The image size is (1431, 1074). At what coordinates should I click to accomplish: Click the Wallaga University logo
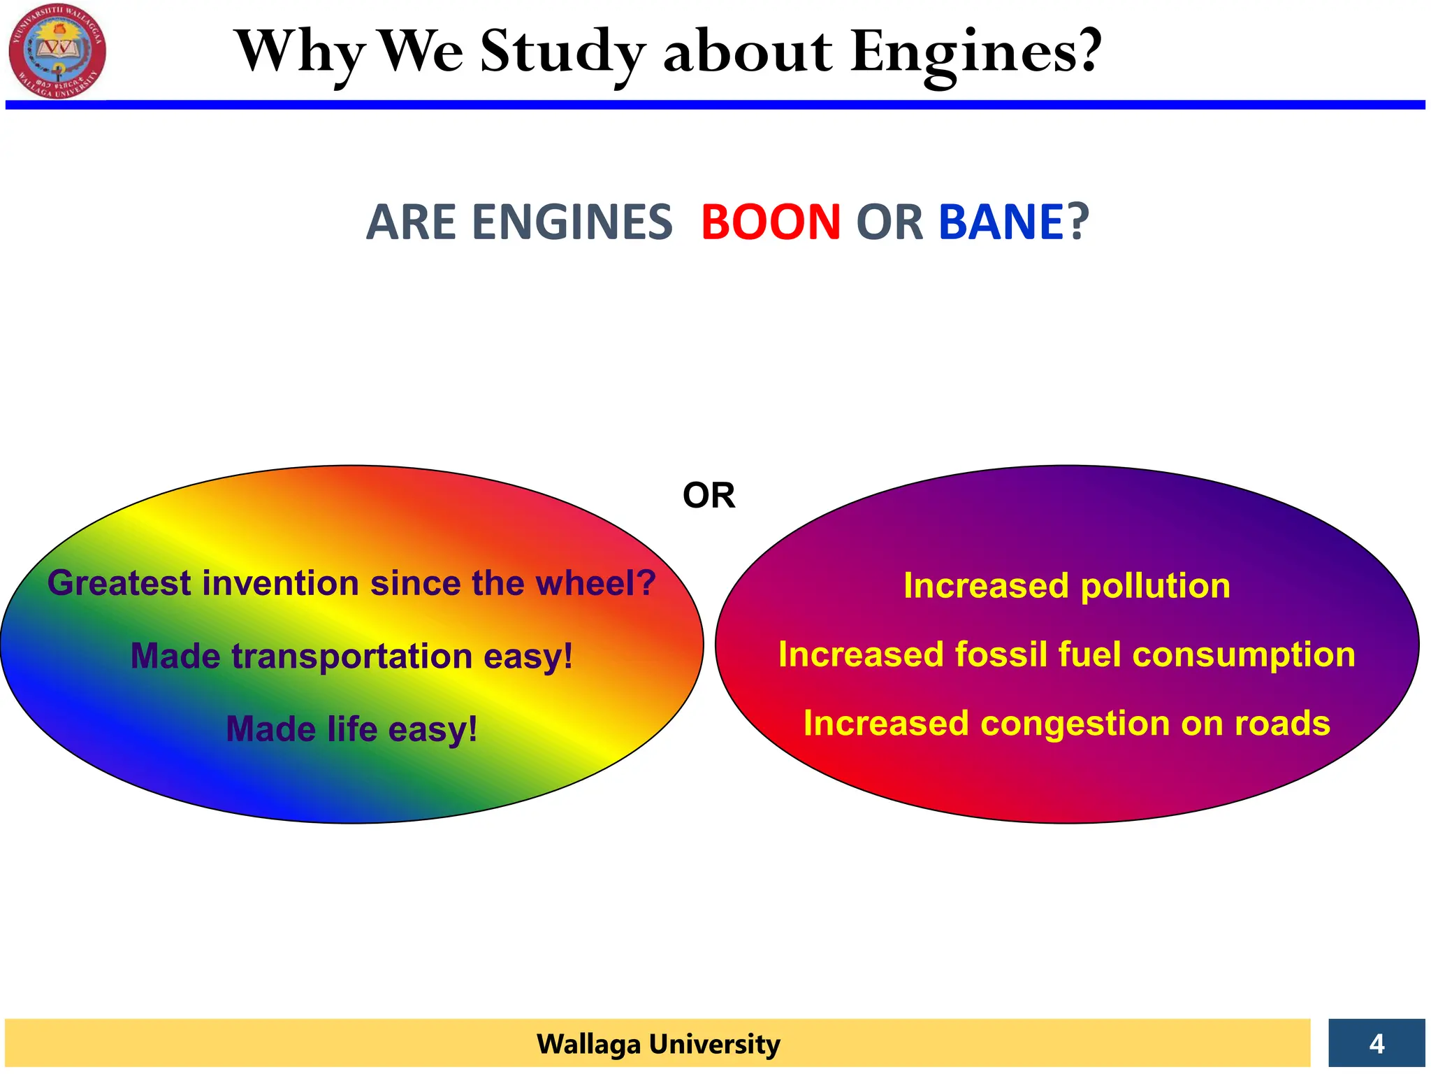pyautogui.click(x=57, y=50)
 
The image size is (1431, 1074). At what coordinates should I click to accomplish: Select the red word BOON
pyautogui.click(x=770, y=222)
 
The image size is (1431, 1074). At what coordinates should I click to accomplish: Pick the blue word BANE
pyautogui.click(x=1001, y=222)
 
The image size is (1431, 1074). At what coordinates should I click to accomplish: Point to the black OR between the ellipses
pyautogui.click(x=709, y=496)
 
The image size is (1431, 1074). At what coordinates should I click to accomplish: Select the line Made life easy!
pyautogui.click(x=351, y=729)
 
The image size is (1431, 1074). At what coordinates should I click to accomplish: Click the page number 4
pyautogui.click(x=1376, y=1043)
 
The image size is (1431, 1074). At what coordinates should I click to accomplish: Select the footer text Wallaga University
pyautogui.click(x=658, y=1044)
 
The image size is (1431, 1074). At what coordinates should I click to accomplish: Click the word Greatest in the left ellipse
pyautogui.click(x=119, y=583)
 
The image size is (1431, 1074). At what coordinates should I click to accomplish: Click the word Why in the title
pyautogui.click(x=300, y=52)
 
